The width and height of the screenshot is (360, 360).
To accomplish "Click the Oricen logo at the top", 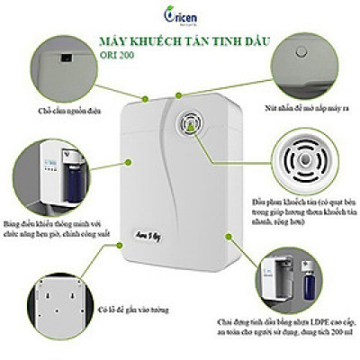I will click(181, 15).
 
